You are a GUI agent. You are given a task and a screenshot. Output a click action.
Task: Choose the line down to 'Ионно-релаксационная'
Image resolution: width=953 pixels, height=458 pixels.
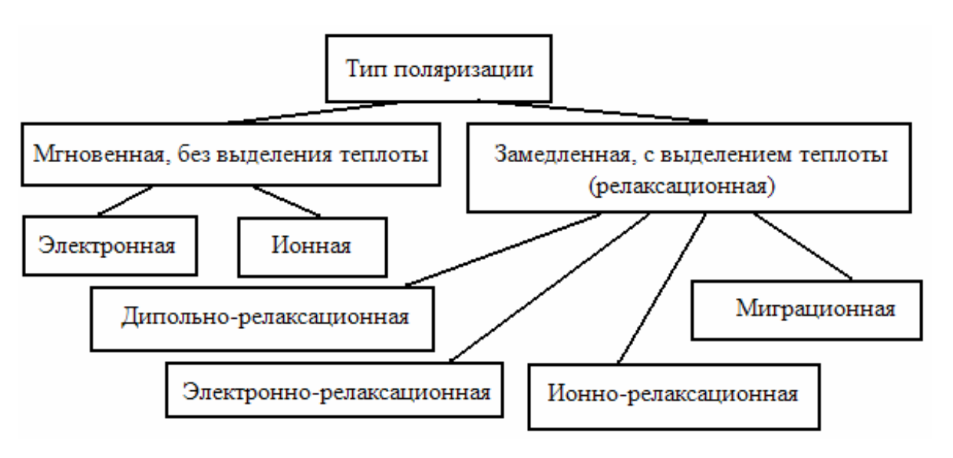click(661, 292)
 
